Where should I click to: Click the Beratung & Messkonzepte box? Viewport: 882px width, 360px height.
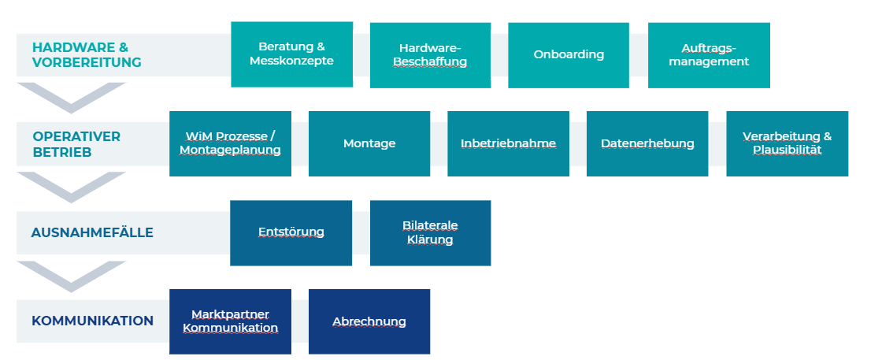click(x=291, y=54)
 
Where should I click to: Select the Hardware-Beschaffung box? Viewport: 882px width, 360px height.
click(x=430, y=54)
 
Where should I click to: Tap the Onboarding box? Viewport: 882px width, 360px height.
click(x=569, y=54)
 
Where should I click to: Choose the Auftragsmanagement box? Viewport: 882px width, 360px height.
click(x=709, y=54)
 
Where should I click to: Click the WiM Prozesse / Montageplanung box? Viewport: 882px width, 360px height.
click(x=230, y=143)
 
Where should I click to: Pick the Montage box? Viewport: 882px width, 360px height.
click(x=369, y=143)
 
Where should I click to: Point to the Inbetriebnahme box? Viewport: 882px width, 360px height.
click(x=508, y=143)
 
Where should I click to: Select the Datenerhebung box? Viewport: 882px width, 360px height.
click(x=647, y=143)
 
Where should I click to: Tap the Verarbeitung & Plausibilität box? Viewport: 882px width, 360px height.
click(x=787, y=143)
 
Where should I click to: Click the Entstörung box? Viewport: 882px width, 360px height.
click(x=291, y=232)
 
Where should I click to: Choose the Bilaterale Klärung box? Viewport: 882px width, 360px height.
click(x=430, y=232)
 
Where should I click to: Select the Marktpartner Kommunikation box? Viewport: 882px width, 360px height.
click(x=230, y=321)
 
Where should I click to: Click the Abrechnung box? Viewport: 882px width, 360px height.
click(x=369, y=321)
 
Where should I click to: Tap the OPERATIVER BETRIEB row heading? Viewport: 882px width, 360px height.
click(x=76, y=143)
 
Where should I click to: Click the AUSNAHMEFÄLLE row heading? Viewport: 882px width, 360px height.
click(x=92, y=232)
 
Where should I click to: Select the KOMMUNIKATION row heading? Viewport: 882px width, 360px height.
click(x=92, y=321)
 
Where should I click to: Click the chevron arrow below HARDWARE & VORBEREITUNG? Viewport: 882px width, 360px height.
click(x=71, y=96)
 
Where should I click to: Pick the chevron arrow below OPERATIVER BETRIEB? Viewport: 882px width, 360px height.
click(x=71, y=186)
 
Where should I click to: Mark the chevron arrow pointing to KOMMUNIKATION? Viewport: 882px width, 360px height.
click(x=71, y=275)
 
